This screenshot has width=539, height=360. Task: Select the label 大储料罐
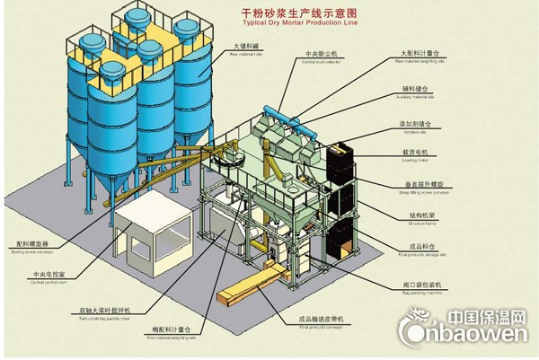pyautogui.click(x=245, y=45)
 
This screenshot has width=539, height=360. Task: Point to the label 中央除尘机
pyautogui.click(x=317, y=55)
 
